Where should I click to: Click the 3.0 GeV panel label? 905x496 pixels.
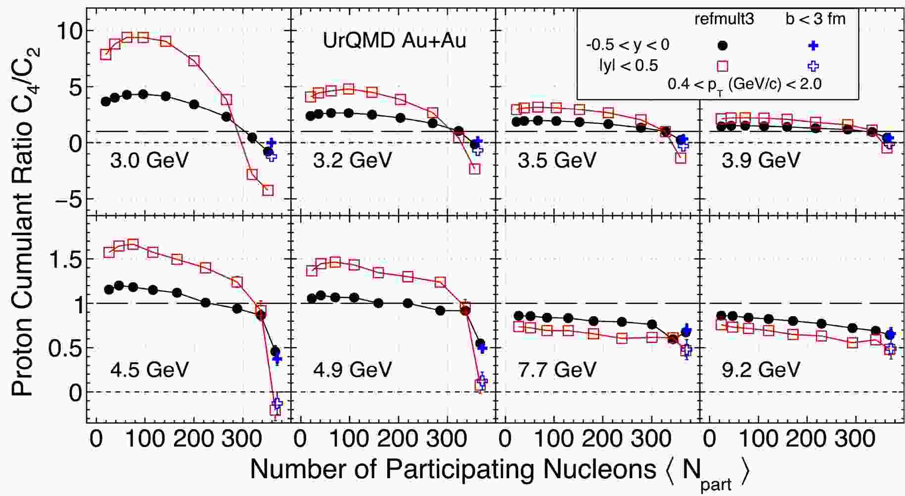(149, 160)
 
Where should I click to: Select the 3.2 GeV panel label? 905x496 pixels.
(352, 160)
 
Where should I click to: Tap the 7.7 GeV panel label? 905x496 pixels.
(557, 370)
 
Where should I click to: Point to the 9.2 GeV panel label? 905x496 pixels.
(761, 370)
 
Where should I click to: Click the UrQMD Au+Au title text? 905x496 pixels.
(394, 41)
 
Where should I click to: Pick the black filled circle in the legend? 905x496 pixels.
(723, 45)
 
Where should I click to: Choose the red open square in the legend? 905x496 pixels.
(723, 66)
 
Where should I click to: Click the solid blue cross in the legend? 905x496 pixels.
(813, 45)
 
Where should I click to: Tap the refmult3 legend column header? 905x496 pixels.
(724, 19)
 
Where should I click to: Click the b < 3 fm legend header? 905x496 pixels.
(815, 19)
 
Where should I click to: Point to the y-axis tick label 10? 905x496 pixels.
(69, 31)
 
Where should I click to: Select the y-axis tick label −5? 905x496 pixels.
(64, 200)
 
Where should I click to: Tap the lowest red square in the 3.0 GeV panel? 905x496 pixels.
(268, 190)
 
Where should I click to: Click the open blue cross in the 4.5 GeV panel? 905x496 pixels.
(277, 403)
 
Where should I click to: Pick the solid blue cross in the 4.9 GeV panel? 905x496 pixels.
(483, 347)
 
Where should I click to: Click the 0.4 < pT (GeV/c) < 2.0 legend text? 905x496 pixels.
(744, 84)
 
